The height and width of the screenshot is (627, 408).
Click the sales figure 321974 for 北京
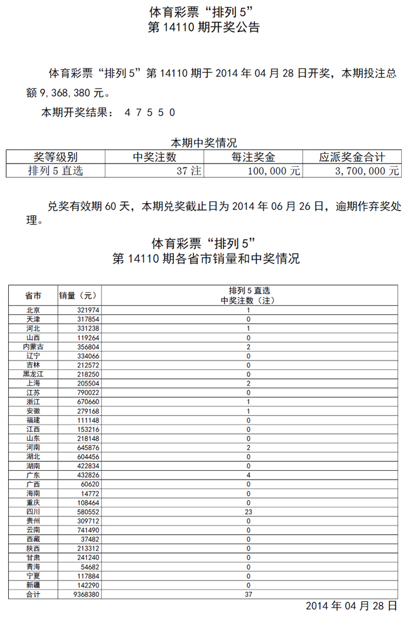(80, 310)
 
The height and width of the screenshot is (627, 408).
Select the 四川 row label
(33, 512)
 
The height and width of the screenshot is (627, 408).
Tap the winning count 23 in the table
(249, 512)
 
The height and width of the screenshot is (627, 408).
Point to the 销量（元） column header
(78, 295)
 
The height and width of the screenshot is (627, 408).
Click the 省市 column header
(33, 295)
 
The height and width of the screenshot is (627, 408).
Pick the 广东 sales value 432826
(80, 475)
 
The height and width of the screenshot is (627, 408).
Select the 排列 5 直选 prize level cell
(55, 171)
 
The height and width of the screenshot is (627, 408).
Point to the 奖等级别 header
(55, 157)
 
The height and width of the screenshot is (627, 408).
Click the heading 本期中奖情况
(204, 143)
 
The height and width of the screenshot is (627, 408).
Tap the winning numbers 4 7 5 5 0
(149, 113)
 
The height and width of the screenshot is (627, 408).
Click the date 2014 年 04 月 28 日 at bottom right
(352, 606)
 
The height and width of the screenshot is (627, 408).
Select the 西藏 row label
(33, 539)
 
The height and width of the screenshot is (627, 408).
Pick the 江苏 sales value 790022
(80, 392)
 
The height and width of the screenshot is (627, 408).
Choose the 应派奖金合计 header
(352, 157)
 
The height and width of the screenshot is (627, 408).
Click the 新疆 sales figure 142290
(80, 584)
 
